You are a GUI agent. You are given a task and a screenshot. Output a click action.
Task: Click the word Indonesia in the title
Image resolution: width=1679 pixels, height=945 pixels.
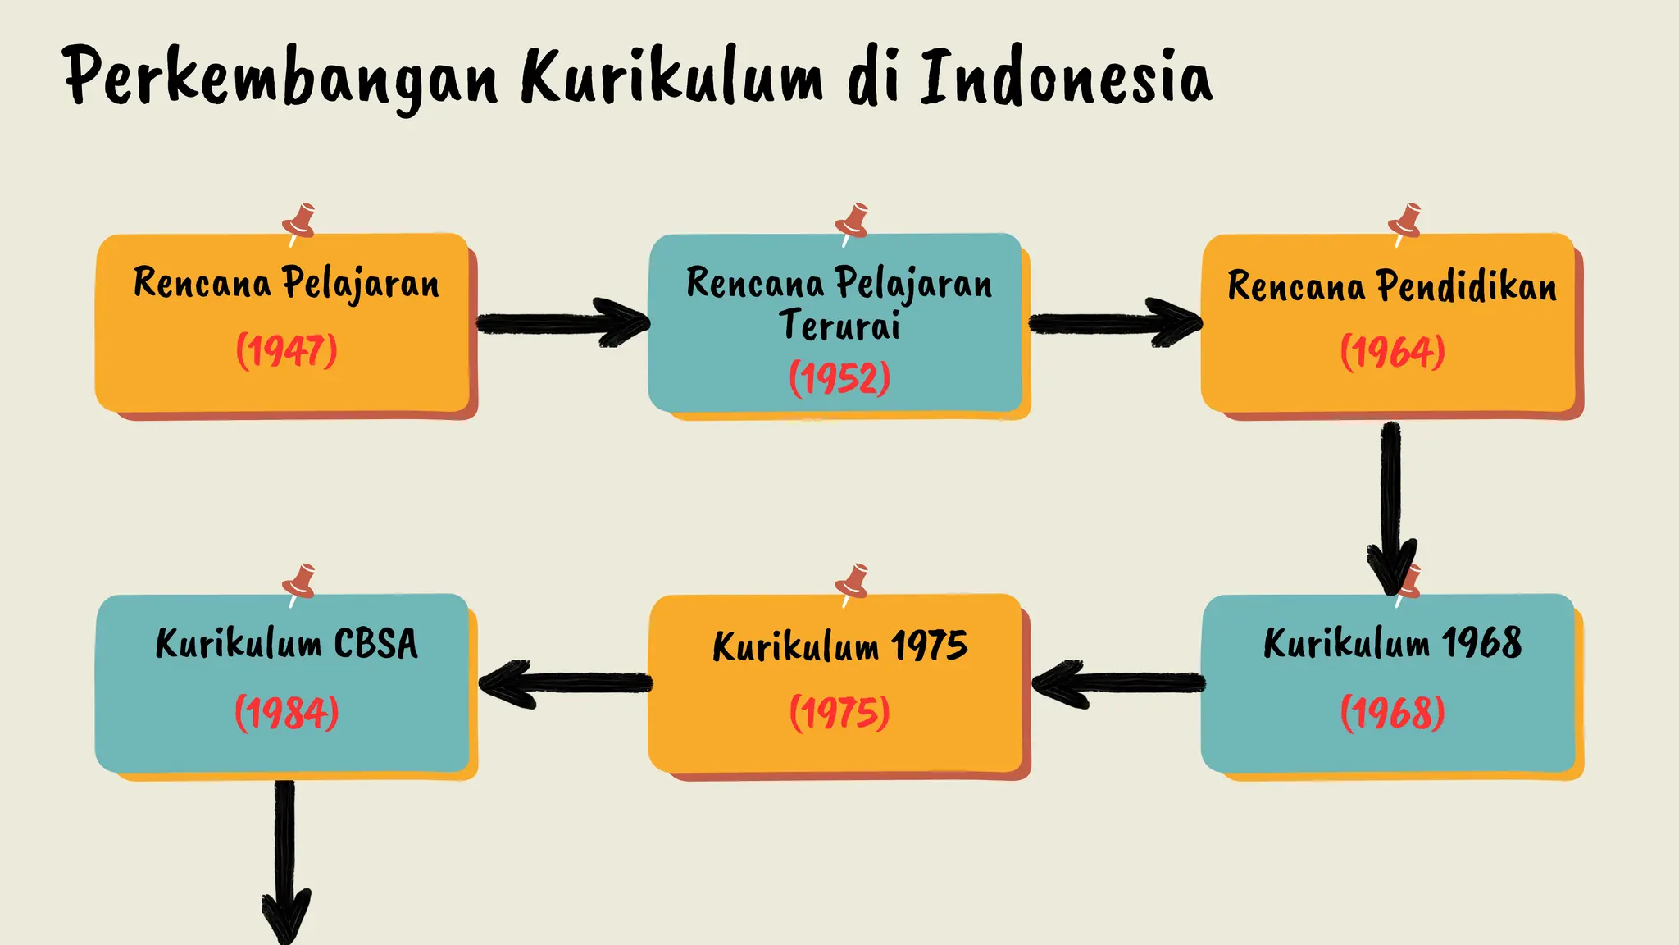click(1066, 77)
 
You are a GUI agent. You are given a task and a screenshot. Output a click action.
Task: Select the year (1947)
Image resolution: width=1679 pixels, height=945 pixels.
click(286, 351)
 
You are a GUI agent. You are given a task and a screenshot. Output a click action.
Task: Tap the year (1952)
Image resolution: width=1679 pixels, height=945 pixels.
click(839, 378)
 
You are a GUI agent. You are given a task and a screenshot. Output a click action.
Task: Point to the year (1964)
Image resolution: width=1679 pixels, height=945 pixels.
click(1392, 352)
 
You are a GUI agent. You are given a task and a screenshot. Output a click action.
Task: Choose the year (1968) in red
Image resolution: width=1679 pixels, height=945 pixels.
click(1392, 712)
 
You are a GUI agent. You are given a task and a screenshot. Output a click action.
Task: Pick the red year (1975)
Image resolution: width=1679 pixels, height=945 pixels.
click(839, 712)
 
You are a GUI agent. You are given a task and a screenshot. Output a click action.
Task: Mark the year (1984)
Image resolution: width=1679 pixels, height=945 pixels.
click(286, 712)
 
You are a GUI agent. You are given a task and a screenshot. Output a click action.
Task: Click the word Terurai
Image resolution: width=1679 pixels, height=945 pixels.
click(839, 325)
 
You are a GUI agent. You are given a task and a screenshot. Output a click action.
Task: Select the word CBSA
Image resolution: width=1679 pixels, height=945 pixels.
click(375, 643)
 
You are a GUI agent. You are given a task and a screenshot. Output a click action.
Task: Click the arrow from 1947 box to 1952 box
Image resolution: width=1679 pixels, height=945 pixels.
click(562, 323)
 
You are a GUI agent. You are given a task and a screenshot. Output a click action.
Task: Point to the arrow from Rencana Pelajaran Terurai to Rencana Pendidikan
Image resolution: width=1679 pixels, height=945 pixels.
click(1115, 323)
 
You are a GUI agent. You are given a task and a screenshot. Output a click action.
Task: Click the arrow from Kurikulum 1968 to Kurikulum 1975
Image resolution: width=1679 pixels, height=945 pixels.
click(1118, 682)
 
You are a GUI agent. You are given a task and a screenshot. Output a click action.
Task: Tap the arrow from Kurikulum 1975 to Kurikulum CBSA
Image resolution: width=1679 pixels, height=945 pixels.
click(565, 682)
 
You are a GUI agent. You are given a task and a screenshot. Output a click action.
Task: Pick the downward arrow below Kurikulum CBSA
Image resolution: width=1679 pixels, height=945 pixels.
click(284, 861)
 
